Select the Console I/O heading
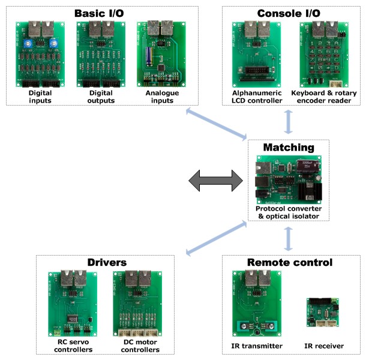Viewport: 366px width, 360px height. [289, 13]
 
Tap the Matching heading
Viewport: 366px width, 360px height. [289, 147]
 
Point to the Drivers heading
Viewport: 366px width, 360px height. [106, 262]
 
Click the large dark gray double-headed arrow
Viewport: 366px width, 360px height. [215, 181]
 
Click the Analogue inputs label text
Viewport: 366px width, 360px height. [158, 97]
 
